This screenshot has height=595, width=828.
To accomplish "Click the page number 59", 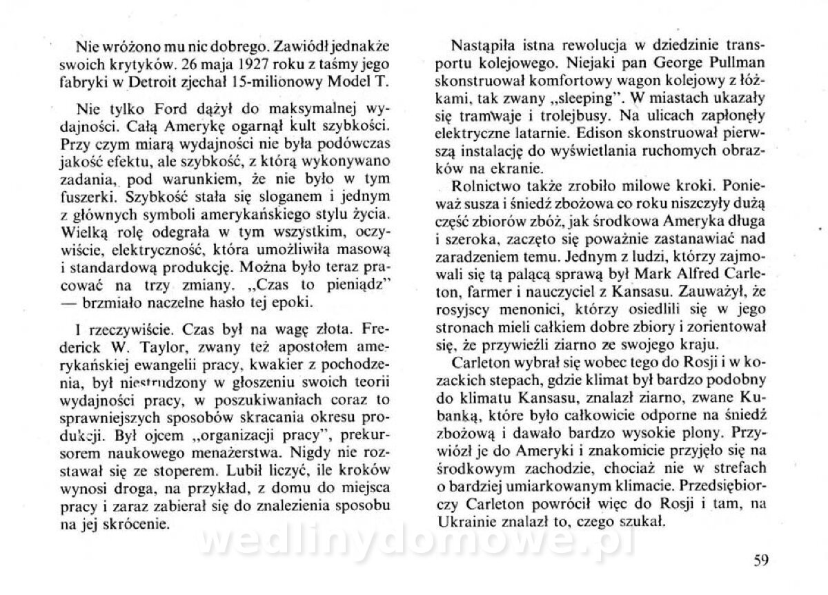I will click(x=760, y=560).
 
